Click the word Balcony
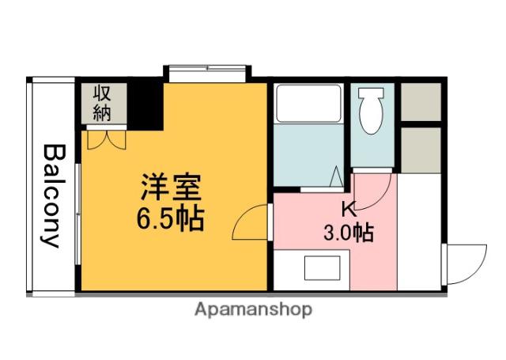tap(53, 196)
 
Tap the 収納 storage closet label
tap(102, 104)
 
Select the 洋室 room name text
tap(172, 187)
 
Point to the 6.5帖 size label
tap(171, 218)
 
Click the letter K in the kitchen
tap(349, 209)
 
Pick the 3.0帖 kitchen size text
tap(349, 233)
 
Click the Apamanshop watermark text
tap(253, 309)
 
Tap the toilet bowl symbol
tap(371, 111)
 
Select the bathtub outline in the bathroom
tap(308, 104)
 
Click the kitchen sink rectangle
tap(322, 267)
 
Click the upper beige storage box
tap(421, 102)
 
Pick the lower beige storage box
tap(421, 150)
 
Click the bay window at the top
tap(207, 74)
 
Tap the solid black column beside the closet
tap(145, 106)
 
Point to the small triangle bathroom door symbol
tap(336, 176)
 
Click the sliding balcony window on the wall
tap(77, 214)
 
